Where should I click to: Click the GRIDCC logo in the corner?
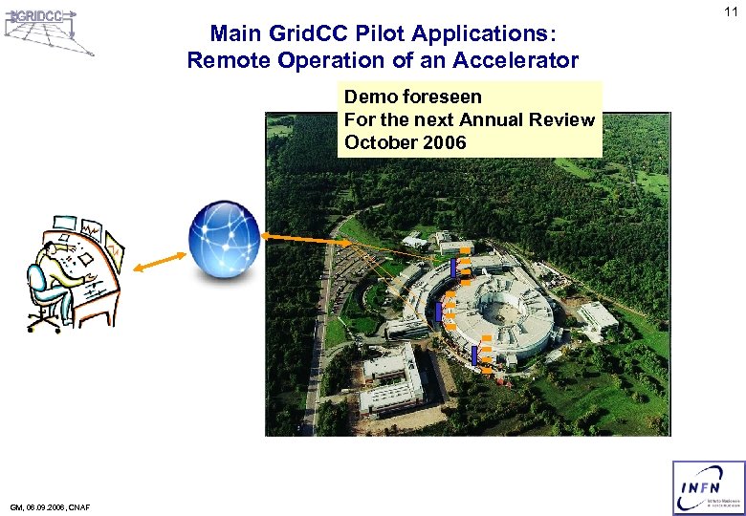pyautogui.click(x=48, y=30)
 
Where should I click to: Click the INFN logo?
pyautogui.click(x=708, y=487)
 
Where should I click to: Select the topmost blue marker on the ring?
pyautogui.click(x=453, y=268)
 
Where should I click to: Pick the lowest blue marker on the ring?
pyautogui.click(x=473, y=355)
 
